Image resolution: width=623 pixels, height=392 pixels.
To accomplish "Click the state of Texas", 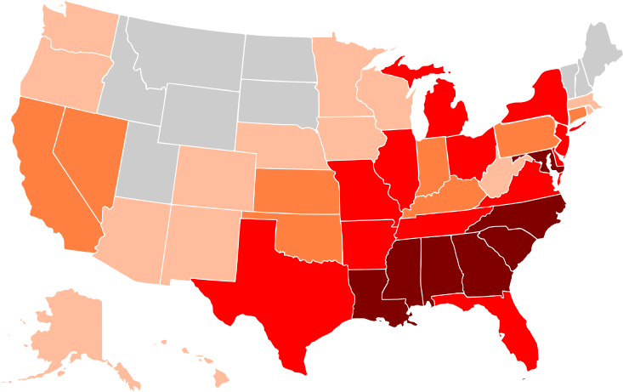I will pos(272,281).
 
